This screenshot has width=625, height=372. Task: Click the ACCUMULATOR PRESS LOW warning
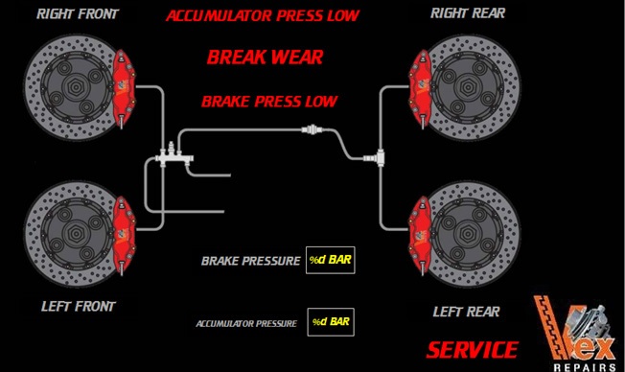coord(263,15)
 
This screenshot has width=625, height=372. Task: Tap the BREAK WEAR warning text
coord(266,57)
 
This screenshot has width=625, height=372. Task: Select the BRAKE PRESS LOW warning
coord(269,102)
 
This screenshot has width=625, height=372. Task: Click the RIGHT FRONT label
coord(78,14)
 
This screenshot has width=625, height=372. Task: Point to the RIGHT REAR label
coord(468,13)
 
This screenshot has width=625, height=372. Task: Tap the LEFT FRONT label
coord(79,306)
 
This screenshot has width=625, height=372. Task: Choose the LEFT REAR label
coord(467,312)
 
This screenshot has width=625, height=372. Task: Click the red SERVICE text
coord(473,350)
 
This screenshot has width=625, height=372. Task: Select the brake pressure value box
coord(330,260)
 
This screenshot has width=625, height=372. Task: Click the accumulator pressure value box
coord(331,322)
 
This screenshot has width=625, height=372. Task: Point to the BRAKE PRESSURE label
coord(251,261)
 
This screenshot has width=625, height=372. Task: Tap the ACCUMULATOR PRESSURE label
coord(246,323)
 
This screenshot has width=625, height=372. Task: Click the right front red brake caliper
coord(124,88)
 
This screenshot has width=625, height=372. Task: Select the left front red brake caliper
coord(124,235)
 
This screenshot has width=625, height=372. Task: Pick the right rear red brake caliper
coord(420,88)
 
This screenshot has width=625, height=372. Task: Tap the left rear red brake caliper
coord(420,235)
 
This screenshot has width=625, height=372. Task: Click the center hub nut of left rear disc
coord(467,234)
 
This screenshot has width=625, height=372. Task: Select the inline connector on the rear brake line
coord(312,129)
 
